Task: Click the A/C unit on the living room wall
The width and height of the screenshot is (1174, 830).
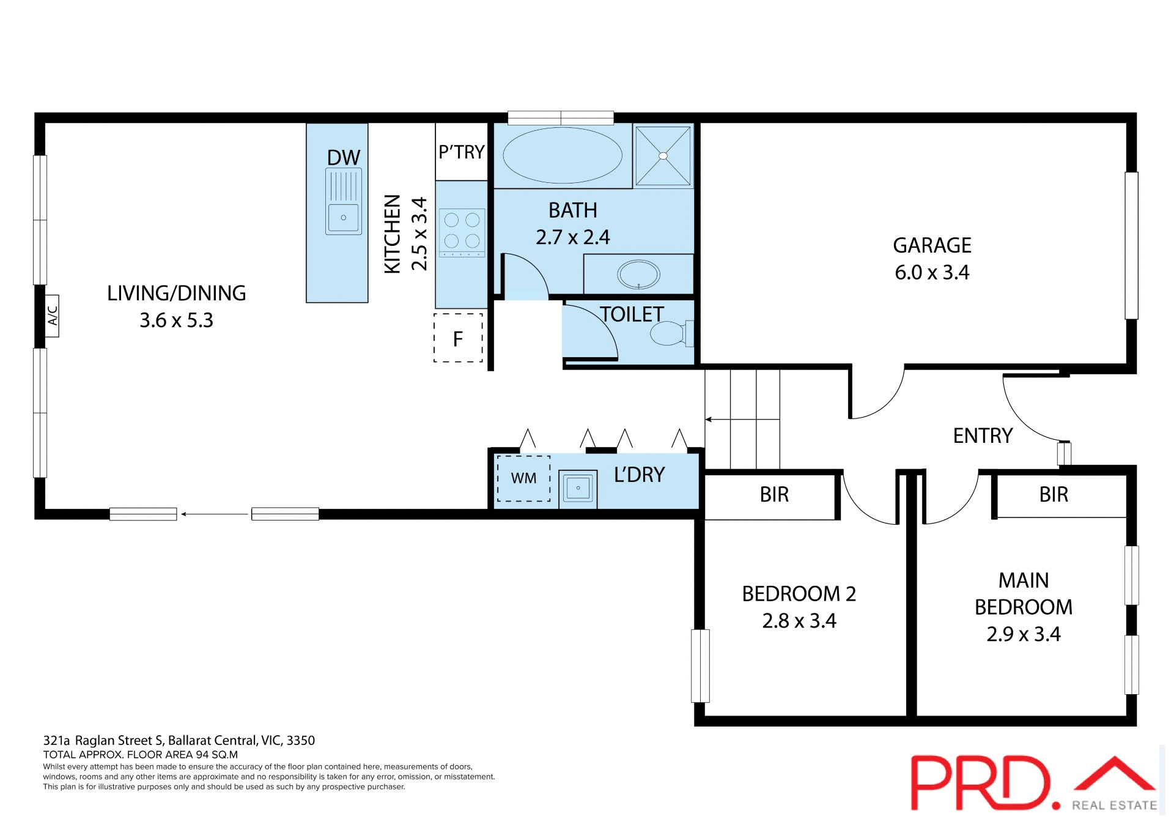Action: click(x=53, y=316)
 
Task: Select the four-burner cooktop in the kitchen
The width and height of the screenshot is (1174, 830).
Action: click(x=462, y=231)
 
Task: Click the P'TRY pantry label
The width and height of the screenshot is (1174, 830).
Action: click(x=462, y=152)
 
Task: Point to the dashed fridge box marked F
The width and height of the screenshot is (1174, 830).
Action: click(x=458, y=338)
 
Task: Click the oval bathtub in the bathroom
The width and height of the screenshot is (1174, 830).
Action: click(x=562, y=155)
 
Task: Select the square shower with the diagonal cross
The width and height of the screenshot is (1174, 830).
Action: click(x=663, y=155)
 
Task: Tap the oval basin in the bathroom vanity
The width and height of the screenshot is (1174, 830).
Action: click(x=638, y=274)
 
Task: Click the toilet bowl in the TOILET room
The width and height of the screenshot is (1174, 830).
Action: click(x=668, y=334)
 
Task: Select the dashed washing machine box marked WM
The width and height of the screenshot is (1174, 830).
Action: click(x=523, y=478)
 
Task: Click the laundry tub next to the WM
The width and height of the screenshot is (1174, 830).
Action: click(x=578, y=488)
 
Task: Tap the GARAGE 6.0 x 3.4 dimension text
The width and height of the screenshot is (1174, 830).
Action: click(x=932, y=272)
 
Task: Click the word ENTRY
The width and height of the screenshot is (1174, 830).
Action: click(x=983, y=435)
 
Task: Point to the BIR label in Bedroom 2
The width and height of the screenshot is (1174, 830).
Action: click(x=774, y=494)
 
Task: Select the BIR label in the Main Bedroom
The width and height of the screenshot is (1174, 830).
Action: click(x=1054, y=494)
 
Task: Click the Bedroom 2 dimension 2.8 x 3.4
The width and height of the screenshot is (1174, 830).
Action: click(x=799, y=621)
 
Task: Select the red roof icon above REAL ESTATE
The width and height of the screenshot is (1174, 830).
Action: click(x=1115, y=773)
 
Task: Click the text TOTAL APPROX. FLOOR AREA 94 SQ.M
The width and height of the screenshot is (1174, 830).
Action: click(x=140, y=755)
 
